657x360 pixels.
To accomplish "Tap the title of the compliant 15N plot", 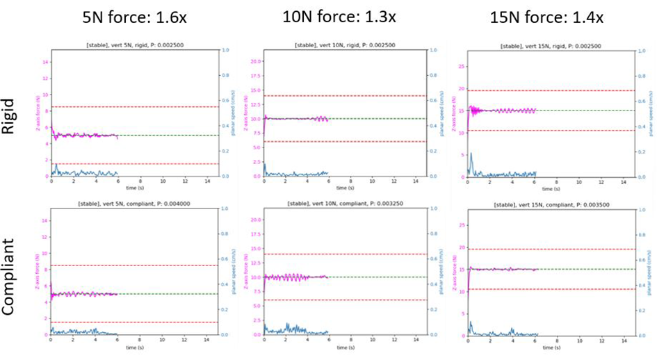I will coord(554,206).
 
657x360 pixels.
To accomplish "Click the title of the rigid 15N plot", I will coord(554,46).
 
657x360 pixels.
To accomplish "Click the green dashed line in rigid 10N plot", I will coord(375,119).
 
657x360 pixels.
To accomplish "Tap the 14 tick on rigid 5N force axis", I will coord(44,62).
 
